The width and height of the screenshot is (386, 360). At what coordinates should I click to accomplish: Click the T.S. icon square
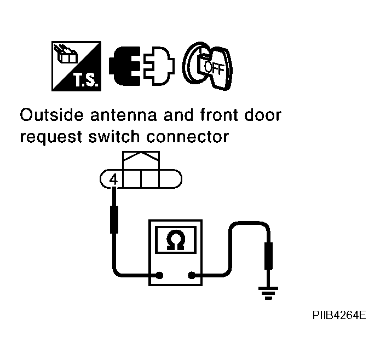[77, 66]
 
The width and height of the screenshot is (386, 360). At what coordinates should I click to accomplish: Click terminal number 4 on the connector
[113, 179]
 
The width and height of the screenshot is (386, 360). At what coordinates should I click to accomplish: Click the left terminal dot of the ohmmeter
[159, 276]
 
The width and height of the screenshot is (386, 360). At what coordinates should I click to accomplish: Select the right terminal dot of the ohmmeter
[192, 276]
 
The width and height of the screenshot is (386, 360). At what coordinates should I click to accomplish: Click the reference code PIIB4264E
[339, 316]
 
